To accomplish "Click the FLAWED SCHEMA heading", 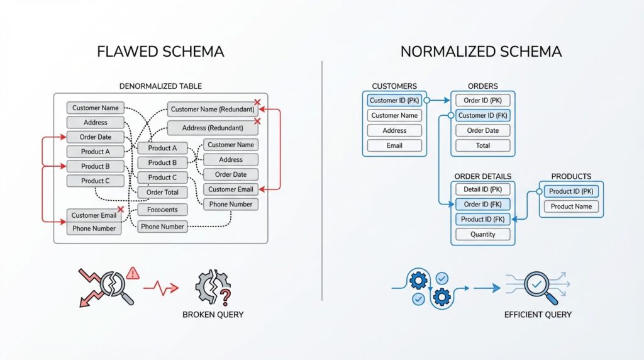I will click(x=160, y=52).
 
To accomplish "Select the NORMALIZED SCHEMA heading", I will click(x=481, y=52).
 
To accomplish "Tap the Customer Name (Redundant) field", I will click(x=211, y=110).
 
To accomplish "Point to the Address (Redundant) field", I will click(x=211, y=128).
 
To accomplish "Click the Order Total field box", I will click(x=162, y=193).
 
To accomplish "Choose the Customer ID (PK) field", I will click(x=394, y=100).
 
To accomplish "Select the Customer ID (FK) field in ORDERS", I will click(x=482, y=115).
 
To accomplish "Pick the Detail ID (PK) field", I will click(x=482, y=189).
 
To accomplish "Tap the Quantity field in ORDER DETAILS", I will click(x=482, y=234).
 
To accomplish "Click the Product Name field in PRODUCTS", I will click(x=571, y=206).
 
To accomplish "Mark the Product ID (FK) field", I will click(x=482, y=219).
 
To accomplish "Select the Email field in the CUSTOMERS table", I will click(x=394, y=145).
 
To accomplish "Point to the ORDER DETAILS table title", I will click(x=482, y=176).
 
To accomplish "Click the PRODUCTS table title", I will click(x=571, y=176).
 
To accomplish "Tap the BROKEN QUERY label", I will click(x=213, y=315).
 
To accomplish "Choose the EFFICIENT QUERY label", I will click(x=538, y=315).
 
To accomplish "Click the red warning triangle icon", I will click(x=132, y=273).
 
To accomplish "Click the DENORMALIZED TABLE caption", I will click(x=160, y=86).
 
